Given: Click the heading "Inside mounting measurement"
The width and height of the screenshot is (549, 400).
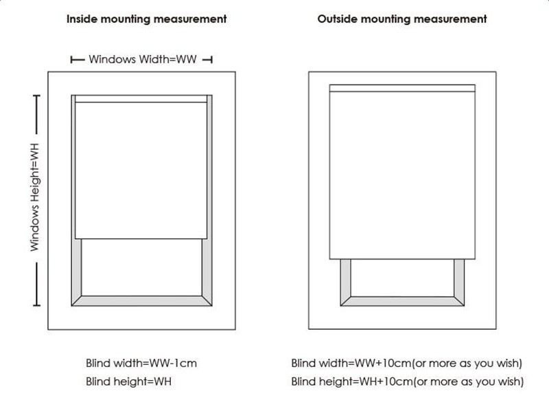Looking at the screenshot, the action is (146, 19).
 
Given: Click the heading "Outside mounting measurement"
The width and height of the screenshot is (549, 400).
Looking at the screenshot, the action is (402, 19).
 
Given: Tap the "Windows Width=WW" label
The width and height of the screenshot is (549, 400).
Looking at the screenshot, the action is (143, 59).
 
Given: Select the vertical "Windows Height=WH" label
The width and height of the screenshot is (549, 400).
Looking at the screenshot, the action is (35, 197).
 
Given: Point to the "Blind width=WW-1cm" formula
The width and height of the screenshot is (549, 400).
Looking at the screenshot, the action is (141, 363).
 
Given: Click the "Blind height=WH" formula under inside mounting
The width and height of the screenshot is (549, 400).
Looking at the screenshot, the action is (128, 381).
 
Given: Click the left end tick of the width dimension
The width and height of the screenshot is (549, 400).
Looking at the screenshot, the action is (71, 60).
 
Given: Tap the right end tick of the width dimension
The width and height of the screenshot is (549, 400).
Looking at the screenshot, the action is (211, 60).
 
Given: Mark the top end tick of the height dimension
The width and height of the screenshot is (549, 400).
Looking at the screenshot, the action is (36, 96).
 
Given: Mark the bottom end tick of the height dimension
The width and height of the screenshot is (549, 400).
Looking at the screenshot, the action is (36, 306).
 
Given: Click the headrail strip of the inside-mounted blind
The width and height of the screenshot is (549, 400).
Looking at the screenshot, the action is (141, 99).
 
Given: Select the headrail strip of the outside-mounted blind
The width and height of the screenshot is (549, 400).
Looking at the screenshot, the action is (402, 89).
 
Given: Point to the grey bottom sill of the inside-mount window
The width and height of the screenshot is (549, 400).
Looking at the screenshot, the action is (141, 301).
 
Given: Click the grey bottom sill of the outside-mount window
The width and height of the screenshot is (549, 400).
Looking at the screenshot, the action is (402, 301).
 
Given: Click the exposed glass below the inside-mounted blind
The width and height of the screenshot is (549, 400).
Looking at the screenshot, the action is (142, 267).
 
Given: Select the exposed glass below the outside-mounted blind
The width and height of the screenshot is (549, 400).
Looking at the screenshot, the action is (402, 278).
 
